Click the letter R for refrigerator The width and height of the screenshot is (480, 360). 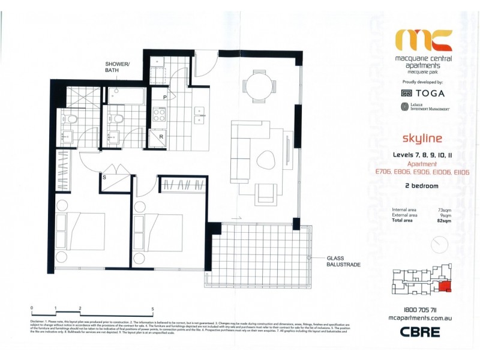click(160, 137)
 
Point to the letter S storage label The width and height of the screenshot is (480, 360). click(105, 177)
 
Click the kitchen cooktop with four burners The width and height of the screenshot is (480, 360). click(160, 114)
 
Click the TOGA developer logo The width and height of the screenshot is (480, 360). click(424, 93)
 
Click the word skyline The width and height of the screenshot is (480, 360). click(424, 139)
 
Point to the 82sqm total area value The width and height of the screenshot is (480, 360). click(445, 221)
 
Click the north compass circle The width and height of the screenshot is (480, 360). click(439, 245)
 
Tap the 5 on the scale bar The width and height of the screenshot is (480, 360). click(152, 308)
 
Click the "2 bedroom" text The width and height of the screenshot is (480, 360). click(422, 186)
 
